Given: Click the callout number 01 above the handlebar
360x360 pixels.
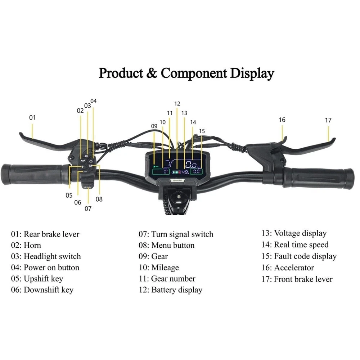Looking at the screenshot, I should (x=33, y=117).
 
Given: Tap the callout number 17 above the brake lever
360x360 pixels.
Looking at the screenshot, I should (x=328, y=120).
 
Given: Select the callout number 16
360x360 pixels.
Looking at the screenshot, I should (x=282, y=120).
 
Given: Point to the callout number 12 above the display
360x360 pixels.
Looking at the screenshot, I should (x=177, y=104).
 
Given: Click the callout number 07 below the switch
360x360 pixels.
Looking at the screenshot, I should (x=88, y=208).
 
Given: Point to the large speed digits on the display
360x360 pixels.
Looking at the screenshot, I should (x=191, y=165).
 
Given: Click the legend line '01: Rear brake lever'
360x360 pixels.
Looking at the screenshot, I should (x=45, y=234).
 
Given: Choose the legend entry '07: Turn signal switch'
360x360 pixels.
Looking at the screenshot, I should (x=176, y=234).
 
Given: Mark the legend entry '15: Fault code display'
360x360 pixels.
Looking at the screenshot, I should (x=299, y=256).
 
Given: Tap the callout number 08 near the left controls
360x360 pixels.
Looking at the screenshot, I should (x=99, y=199).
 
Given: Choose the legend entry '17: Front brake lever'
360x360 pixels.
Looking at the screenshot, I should (x=297, y=279).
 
